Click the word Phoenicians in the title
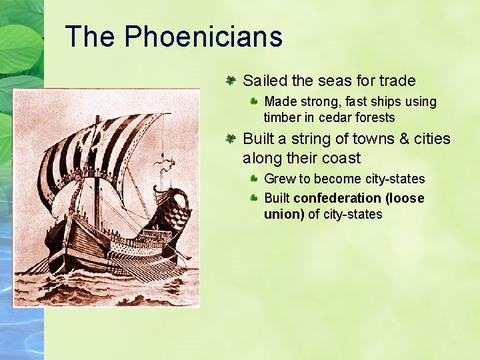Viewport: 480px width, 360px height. coord(203,37)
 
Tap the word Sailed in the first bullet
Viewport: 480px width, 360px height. coord(265,81)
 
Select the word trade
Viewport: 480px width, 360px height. coord(397,81)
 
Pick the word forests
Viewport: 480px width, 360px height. coord(376,118)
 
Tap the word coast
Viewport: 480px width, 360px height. coord(341,159)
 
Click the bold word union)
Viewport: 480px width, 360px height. coord(285,214)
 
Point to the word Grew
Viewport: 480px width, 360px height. coord(279,179)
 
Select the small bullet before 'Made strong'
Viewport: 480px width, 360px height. coord(254,101)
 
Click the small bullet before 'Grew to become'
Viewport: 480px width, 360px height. coord(254,179)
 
